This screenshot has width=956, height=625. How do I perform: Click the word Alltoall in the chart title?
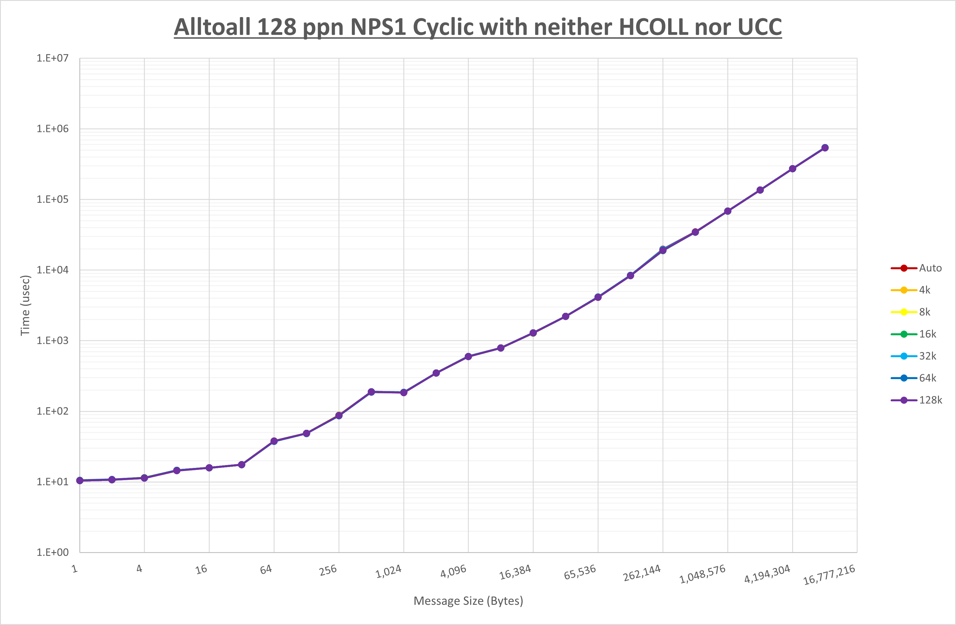click(x=213, y=27)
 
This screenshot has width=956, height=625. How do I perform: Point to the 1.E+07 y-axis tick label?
click(x=53, y=58)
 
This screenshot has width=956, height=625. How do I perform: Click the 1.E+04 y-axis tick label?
click(x=53, y=270)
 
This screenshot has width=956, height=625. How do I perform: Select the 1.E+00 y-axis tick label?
click(x=53, y=552)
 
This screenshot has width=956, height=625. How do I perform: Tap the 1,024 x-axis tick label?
click(x=389, y=571)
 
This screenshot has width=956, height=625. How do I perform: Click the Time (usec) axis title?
click(x=25, y=305)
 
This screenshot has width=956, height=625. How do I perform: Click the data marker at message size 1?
click(x=80, y=480)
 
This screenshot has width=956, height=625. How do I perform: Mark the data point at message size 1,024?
click(x=404, y=392)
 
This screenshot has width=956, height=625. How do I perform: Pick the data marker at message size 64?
click(x=274, y=441)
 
